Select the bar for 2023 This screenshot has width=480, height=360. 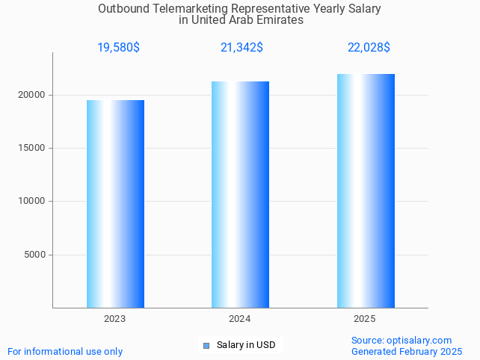pos(115,204)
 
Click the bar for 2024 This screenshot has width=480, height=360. pos(240,194)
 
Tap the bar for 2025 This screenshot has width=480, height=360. pos(366,190)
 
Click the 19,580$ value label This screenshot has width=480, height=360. pos(118,48)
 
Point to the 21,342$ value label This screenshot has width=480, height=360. pos(241,48)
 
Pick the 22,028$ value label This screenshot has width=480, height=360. pos(369,48)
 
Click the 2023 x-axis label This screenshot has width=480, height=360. pos(115,319)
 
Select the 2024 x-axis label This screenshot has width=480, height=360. pos(240,319)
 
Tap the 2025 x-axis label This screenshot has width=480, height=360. pos(365,319)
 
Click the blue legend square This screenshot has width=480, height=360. pos(206,345)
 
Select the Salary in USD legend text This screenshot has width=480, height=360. pos(246,345)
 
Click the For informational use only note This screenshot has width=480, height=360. pos(65,351)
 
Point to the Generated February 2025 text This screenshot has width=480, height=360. pos(407,351)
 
